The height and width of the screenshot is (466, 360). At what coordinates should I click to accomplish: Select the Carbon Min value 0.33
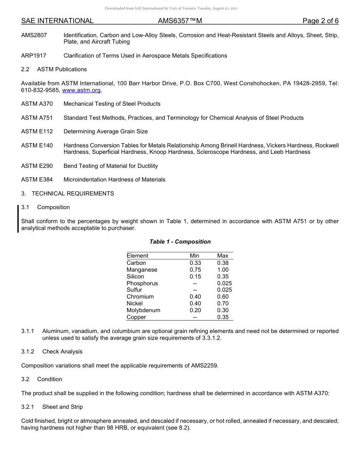coord(195,263)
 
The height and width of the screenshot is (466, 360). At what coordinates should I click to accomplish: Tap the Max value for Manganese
coord(223,270)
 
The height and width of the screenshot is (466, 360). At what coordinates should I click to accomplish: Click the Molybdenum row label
coord(143,310)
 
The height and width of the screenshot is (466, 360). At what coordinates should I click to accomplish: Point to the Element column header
coord(137,256)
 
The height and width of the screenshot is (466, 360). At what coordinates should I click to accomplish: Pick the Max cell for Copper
coord(223,317)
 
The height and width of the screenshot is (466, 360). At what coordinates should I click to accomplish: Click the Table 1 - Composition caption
coord(180,242)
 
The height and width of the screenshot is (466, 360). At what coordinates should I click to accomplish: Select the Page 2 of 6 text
coord(320,21)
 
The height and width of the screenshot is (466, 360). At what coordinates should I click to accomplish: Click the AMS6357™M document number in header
coord(180,21)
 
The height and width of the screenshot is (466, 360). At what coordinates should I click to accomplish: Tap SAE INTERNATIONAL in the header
coord(57,21)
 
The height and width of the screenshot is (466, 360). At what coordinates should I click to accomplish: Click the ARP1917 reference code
coord(34,56)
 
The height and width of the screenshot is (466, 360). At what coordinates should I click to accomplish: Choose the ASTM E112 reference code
coord(37,131)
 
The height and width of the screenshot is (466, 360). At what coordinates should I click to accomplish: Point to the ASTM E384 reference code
coord(37,180)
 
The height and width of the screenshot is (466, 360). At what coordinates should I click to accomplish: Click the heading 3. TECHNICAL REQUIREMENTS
coord(67,194)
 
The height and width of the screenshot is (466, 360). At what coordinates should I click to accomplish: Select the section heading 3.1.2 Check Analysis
coord(52,352)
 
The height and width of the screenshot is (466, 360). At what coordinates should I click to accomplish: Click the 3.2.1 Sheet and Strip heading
coord(52,407)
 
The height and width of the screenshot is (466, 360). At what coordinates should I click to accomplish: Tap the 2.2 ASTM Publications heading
coord(54,69)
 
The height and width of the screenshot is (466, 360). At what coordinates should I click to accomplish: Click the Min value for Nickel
coord(195,303)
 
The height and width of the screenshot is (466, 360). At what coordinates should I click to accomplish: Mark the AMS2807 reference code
coord(34,35)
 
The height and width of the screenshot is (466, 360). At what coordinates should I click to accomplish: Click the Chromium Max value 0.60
coord(223,297)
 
